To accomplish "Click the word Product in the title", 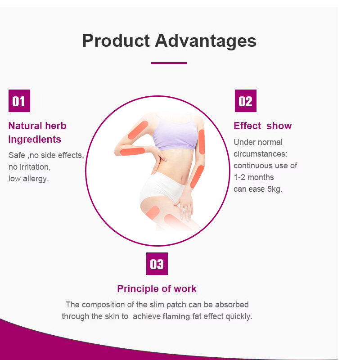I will click(x=116, y=40).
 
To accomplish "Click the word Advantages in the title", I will click(x=206, y=40).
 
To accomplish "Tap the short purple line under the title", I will click(x=169, y=63).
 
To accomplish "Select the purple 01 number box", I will click(x=19, y=101).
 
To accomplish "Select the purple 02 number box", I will click(x=246, y=101).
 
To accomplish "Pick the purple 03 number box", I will click(x=157, y=264).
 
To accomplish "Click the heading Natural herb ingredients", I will click(x=37, y=132).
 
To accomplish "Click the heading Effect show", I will click(x=262, y=126).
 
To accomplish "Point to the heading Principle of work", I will click(x=157, y=288).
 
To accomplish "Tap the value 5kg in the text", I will click(x=274, y=189).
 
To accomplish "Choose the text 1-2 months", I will click(x=254, y=177).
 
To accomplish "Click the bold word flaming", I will click(x=176, y=316).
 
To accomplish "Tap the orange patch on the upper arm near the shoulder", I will click(x=138, y=130).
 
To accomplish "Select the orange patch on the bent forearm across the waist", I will click(x=132, y=152).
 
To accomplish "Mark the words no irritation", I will click(x=30, y=167).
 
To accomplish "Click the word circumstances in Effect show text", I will click(x=260, y=154).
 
